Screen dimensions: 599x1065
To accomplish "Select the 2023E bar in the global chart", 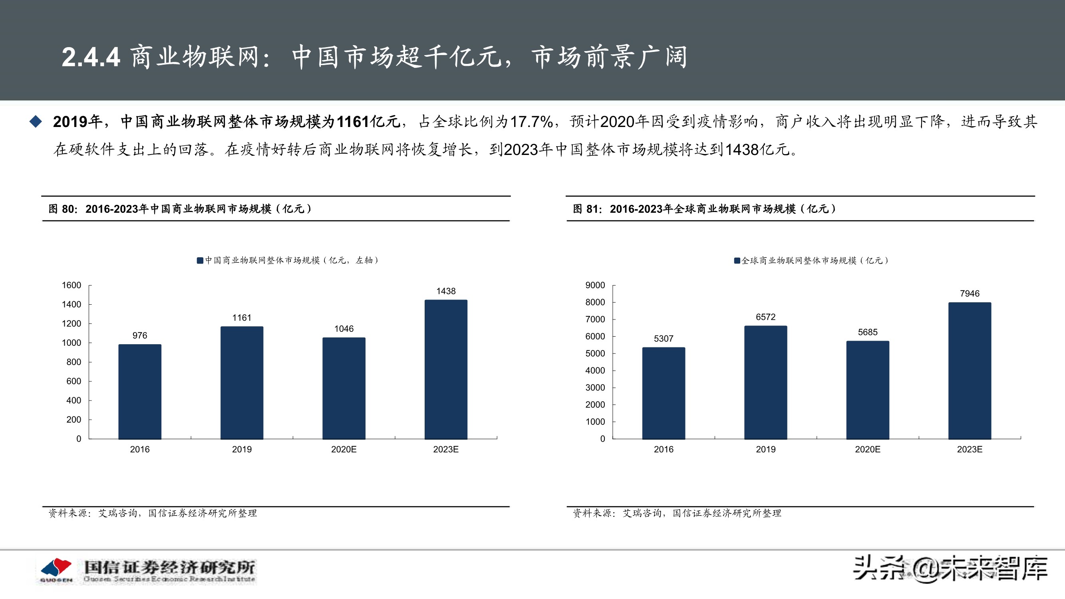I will click(970, 371).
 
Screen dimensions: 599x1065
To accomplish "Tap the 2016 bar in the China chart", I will click(140, 391).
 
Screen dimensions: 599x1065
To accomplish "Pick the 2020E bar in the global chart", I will click(867, 390).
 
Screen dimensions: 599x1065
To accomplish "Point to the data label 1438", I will click(446, 291).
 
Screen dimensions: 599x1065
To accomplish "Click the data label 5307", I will click(663, 339).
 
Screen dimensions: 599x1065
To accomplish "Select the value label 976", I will click(140, 335).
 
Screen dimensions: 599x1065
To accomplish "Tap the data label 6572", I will click(765, 317).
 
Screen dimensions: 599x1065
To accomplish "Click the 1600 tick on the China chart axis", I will click(72, 285).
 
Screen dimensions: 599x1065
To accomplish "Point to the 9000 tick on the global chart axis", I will click(595, 285).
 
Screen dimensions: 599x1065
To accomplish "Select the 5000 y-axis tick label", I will click(595, 353).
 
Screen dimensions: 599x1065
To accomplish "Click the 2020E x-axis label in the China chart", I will click(344, 449).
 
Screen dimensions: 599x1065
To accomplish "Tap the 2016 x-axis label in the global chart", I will click(663, 449).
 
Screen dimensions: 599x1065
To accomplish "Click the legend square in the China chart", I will click(200, 260).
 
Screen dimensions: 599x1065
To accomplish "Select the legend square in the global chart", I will click(737, 260).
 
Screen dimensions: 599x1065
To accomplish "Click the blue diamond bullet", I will click(36, 121).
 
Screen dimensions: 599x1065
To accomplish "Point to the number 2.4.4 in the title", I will click(91, 57).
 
